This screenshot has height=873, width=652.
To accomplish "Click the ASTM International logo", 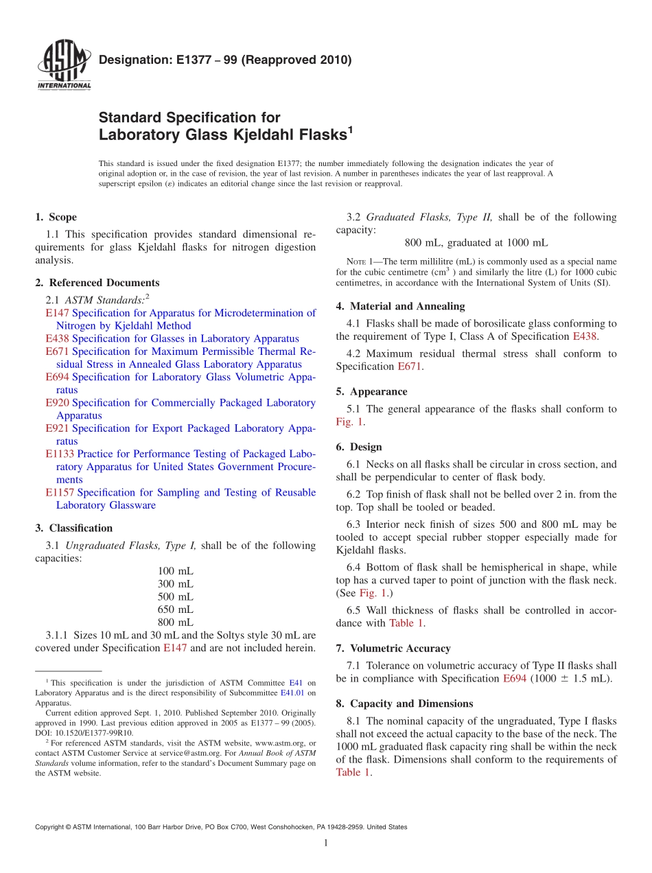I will tap(63, 66).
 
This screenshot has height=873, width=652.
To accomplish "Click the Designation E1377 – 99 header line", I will tap(225, 60).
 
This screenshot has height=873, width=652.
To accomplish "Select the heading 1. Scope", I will tap(56, 218).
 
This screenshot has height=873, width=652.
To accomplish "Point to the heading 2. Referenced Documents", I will tap(97, 283).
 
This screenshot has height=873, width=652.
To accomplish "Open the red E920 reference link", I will tap(57, 403).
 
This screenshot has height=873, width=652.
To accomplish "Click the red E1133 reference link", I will tap(60, 454).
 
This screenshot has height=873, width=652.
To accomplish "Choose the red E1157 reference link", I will tap(60, 493).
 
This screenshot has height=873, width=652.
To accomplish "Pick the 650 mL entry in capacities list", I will tap(176, 609).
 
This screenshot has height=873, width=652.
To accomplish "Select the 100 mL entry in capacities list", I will tap(176, 571).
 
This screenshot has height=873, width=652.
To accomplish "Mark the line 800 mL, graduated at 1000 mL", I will tap(476, 243).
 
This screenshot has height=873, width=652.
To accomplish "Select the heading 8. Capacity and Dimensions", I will tap(404, 704).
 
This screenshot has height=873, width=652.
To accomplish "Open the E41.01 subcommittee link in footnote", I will tap(294, 693).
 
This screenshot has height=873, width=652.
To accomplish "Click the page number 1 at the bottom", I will tap(326, 843).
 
